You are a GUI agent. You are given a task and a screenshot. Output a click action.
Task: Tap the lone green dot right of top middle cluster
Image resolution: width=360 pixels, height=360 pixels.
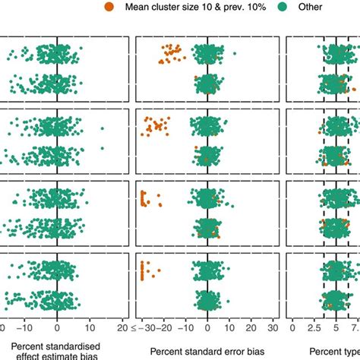click(x=234, y=53)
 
